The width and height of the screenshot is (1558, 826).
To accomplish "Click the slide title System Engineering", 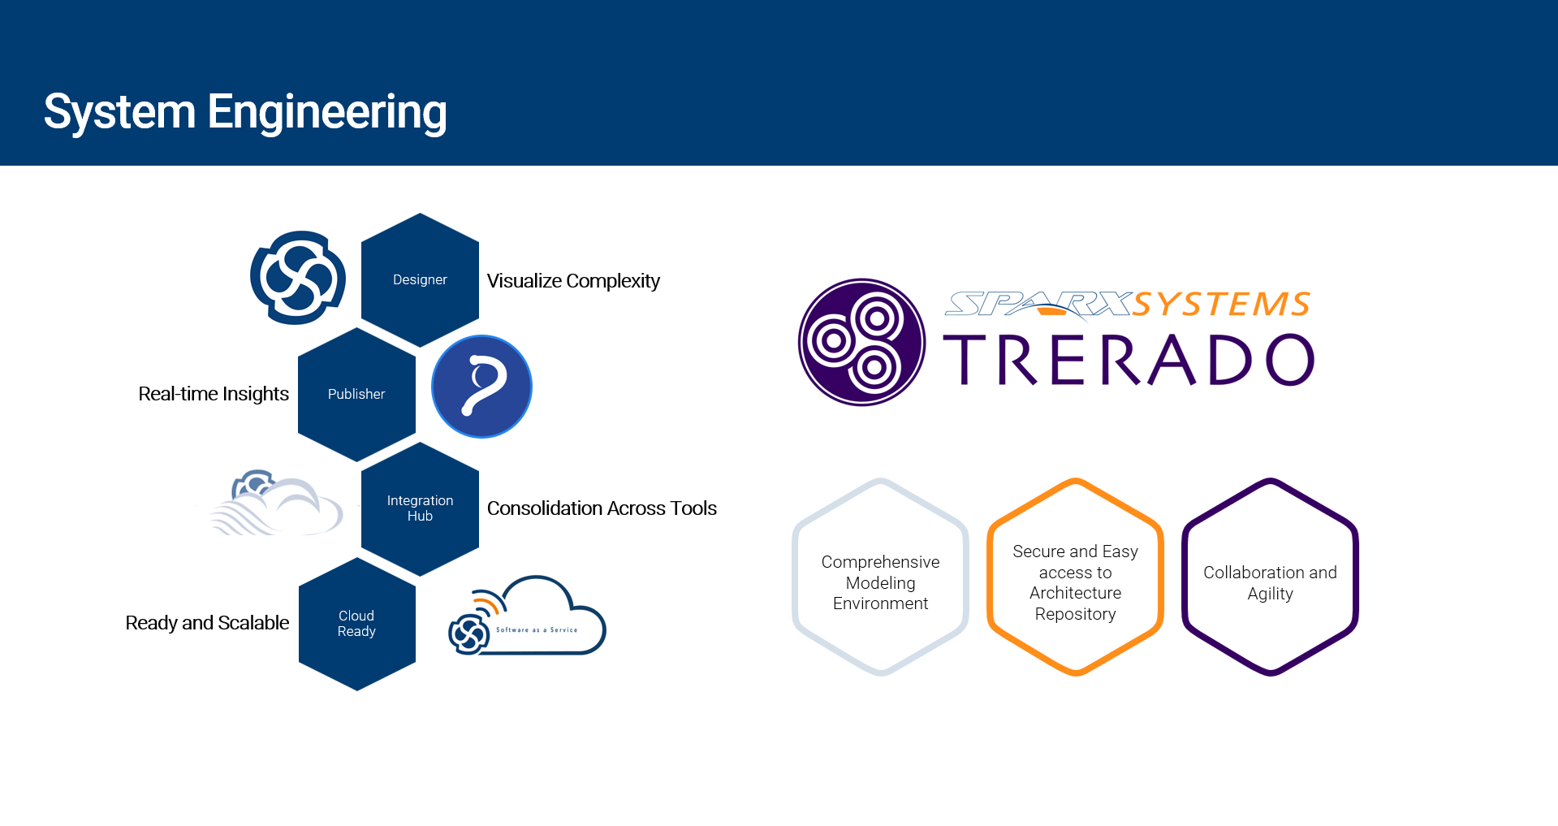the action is [245, 112].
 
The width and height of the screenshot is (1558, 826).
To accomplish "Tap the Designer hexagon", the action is [420, 279].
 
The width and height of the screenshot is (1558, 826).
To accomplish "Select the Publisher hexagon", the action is [356, 394].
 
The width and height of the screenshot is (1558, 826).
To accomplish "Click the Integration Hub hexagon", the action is [420, 508].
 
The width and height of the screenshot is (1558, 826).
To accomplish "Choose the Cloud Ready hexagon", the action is [356, 624].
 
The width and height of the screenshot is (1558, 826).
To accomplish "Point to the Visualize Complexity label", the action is [573, 281].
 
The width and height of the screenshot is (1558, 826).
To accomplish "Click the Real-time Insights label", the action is [214, 394].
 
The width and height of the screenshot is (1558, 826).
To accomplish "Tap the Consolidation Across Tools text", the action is [602, 508].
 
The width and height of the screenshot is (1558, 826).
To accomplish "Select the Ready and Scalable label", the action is [207, 623].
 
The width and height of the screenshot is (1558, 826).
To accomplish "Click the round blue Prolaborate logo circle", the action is [481, 387].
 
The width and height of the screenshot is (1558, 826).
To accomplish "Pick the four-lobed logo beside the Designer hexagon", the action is [298, 278].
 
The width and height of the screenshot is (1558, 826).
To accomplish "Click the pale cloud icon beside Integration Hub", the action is [276, 503].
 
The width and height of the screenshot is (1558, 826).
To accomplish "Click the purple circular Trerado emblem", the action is [861, 342].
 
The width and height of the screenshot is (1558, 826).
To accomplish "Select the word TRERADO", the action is [1129, 360].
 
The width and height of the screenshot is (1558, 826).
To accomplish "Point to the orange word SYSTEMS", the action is [1222, 305].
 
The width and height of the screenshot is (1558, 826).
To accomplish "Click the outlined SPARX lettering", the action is [1039, 305].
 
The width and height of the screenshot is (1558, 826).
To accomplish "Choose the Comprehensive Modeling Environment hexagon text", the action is [880, 582].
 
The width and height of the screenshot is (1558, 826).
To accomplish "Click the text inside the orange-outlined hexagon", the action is [1075, 582].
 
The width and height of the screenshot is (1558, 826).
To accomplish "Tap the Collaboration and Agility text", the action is [1270, 582].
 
